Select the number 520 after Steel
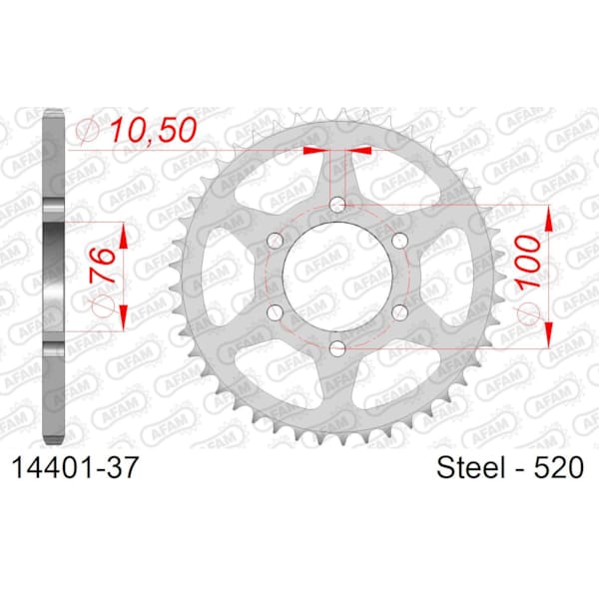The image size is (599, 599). [x=558, y=467]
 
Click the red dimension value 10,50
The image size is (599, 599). [x=153, y=130]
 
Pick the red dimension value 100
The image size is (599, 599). [x=528, y=262]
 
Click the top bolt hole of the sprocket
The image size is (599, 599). [x=337, y=205]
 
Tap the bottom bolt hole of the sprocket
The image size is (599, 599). [x=337, y=348]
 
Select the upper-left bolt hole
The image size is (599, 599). [x=276, y=241]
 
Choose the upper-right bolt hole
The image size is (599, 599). [x=399, y=241]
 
